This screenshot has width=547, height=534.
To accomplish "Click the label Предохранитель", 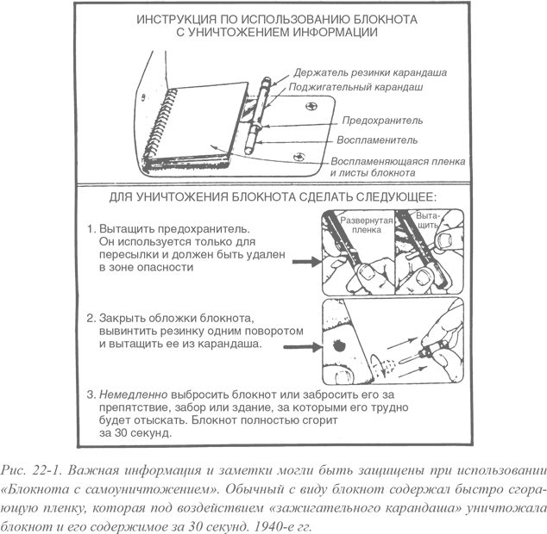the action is click(x=382, y=121).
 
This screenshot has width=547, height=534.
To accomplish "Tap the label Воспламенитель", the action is click(x=377, y=140).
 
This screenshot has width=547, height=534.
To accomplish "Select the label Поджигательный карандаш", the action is click(x=355, y=87).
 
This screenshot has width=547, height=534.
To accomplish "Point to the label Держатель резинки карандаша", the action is click(x=370, y=72).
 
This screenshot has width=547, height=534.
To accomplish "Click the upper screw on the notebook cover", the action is click(x=311, y=106).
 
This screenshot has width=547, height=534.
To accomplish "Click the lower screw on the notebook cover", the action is click(x=299, y=157).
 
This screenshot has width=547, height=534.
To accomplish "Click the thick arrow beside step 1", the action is click(x=306, y=262).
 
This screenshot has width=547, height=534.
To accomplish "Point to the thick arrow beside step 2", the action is click(x=302, y=347).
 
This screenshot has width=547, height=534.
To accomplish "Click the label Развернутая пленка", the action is click(x=367, y=225).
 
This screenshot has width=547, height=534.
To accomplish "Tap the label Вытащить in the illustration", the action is click(x=428, y=220).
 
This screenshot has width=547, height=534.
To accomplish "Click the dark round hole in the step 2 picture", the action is click(x=339, y=345).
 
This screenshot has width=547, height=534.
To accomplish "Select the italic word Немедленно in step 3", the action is click(x=134, y=394).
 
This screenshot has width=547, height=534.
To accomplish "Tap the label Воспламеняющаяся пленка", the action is click(x=398, y=161).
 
